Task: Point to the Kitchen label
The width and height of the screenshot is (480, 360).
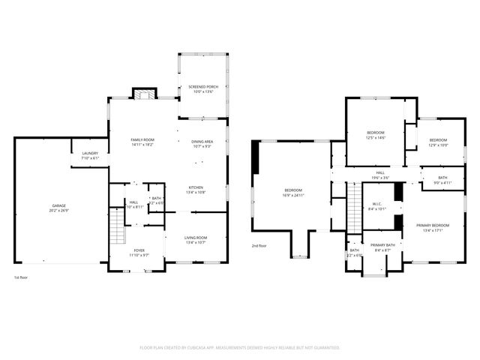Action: [196, 189]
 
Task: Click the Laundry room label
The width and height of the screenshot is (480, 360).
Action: [89, 155]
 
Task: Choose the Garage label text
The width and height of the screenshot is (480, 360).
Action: [58, 208]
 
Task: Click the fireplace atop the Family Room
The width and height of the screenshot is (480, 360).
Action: [145, 94]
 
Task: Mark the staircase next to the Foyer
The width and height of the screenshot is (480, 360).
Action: [117, 226]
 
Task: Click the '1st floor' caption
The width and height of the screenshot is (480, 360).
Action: [22, 278]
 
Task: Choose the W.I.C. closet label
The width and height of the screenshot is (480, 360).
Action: [378, 206]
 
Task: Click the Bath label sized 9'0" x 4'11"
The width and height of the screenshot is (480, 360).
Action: [443, 179]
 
